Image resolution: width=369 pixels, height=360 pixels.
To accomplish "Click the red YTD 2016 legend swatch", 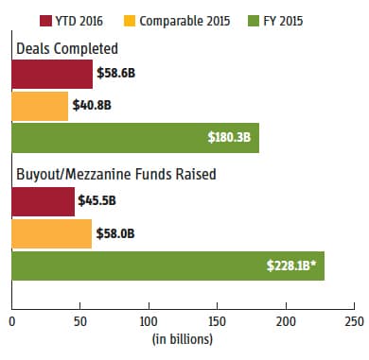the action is [x=45, y=21].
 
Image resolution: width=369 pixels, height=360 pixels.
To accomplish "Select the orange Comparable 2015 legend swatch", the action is [x=130, y=21].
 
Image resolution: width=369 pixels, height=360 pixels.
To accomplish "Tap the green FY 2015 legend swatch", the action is [x=254, y=21].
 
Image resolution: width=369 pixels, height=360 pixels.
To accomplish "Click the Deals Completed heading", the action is [x=67, y=48].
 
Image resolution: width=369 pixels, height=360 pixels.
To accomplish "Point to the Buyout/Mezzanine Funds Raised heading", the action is [x=116, y=174].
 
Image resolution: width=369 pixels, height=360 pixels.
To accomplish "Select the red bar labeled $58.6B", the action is [x=52, y=75].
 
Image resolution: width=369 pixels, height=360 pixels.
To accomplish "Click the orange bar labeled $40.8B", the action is [x=40, y=106].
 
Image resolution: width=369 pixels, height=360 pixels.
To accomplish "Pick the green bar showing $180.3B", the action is [x=135, y=138].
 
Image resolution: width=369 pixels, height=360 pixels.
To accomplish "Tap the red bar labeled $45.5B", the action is [x=44, y=201].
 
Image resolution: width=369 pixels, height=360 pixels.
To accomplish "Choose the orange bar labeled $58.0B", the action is [x=52, y=233].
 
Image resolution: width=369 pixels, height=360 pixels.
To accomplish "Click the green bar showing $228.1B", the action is [x=168, y=266].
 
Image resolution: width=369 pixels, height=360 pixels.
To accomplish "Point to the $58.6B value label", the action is [x=116, y=73].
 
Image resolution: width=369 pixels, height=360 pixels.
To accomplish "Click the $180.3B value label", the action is [x=229, y=137].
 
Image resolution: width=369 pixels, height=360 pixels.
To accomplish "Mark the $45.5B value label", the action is [x=97, y=200].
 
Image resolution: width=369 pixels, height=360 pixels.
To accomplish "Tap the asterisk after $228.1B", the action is [x=313, y=263].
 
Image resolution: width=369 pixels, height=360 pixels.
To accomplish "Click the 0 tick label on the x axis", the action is [x=12, y=321].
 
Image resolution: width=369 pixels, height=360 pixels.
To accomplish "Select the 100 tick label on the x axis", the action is [x=149, y=321].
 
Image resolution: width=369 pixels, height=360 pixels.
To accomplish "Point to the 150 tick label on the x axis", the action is [x=218, y=321].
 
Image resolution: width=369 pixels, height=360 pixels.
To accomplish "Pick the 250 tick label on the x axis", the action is [x=354, y=321].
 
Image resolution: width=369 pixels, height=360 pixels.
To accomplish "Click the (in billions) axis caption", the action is [x=183, y=339].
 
